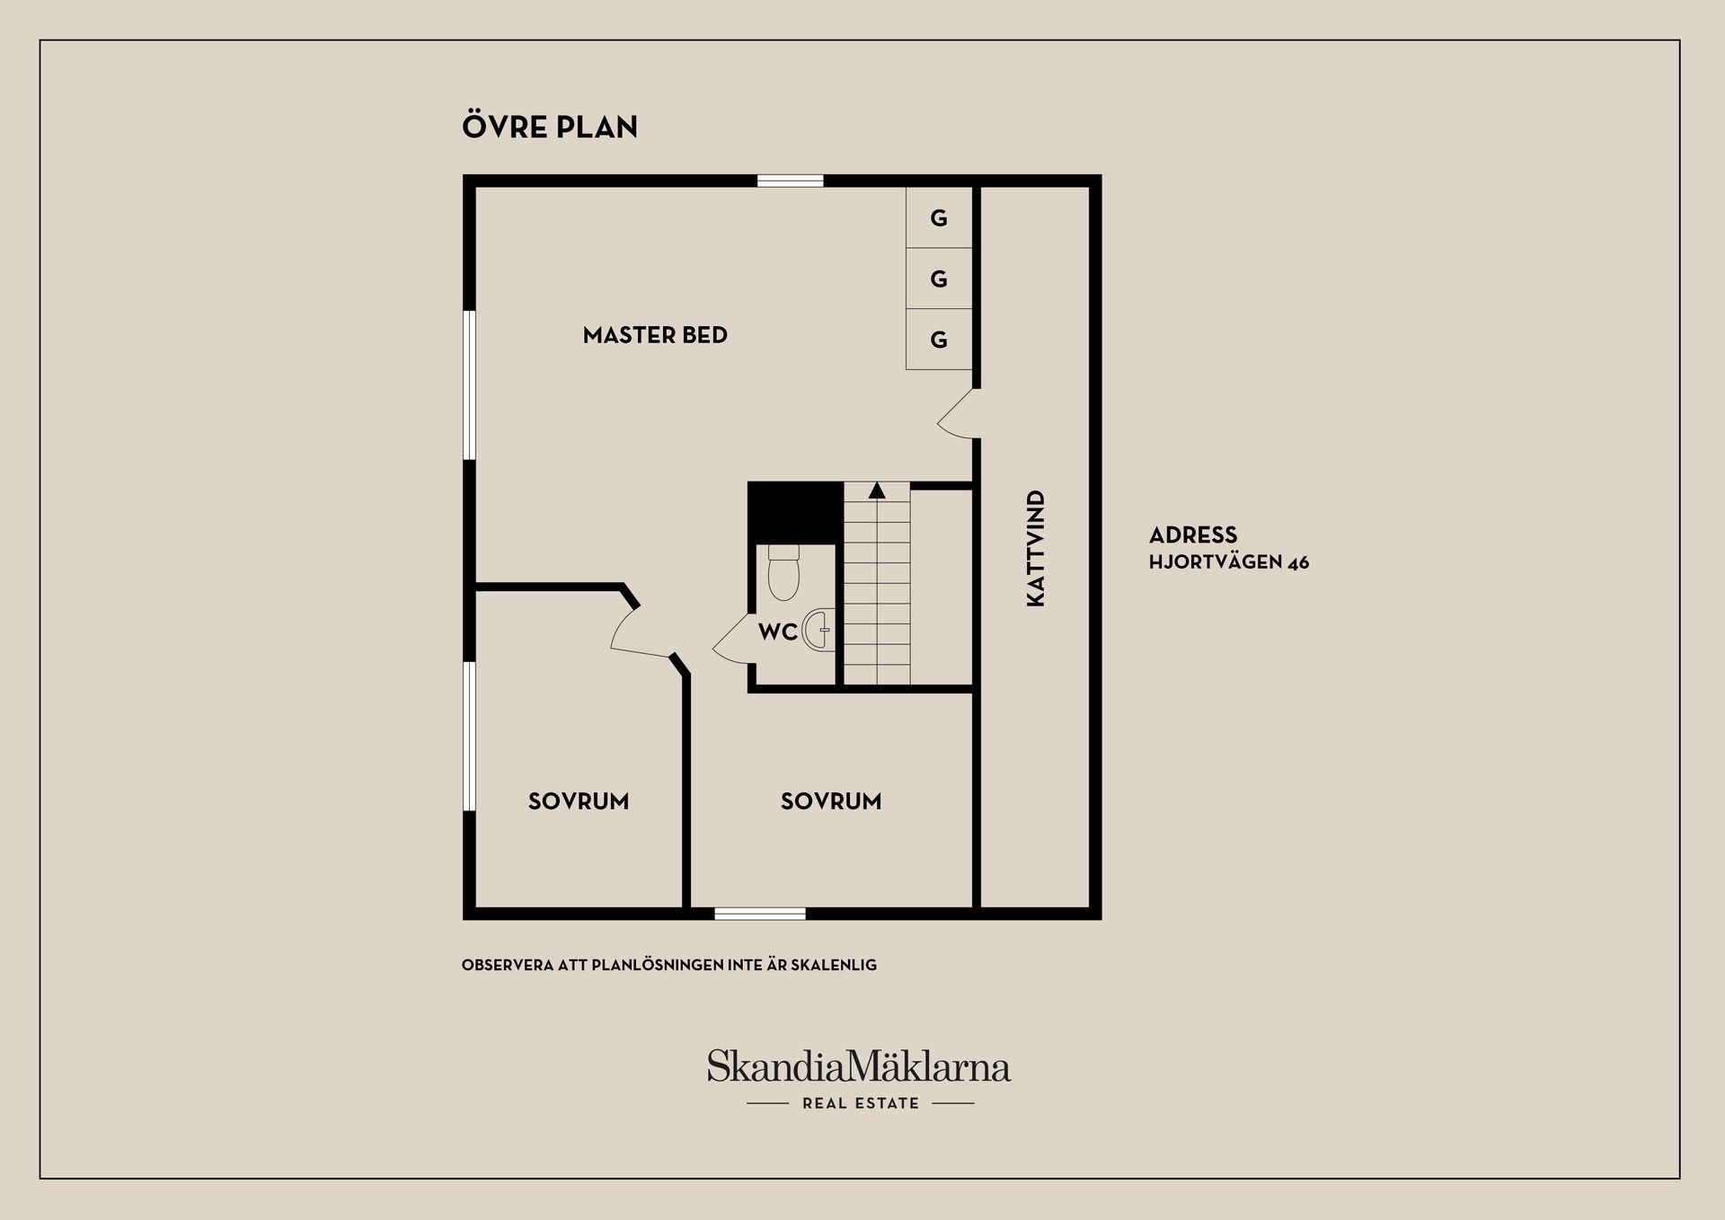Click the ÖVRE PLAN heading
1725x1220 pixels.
point(550,126)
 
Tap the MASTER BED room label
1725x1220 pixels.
point(655,335)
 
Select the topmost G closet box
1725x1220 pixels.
point(939,217)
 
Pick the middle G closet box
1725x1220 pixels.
point(939,278)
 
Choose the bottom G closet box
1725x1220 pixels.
point(939,340)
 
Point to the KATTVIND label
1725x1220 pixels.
point(1036,548)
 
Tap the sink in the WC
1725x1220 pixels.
point(818,630)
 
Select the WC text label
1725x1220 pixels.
point(778,632)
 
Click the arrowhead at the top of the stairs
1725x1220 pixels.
point(877,491)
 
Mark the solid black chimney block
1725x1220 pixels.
point(795,513)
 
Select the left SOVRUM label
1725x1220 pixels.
point(579,801)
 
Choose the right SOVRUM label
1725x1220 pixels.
point(831,801)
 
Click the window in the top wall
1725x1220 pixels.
point(791,181)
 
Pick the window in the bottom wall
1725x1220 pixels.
point(760,914)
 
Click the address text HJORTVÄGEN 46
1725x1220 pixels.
point(1229,563)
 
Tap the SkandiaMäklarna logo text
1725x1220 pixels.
point(859,1066)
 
